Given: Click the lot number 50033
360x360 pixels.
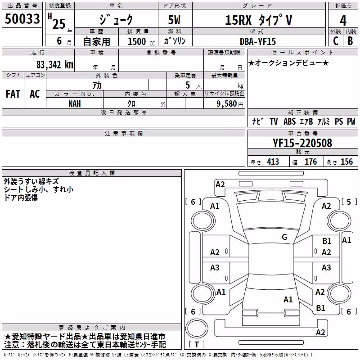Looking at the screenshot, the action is pos(22,18).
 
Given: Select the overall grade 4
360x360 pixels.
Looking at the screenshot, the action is pos(343,21).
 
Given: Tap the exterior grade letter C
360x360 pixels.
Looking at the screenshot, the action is pos(336,41).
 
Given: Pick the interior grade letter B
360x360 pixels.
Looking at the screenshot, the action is pos(350,41).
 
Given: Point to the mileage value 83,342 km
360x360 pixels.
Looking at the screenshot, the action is pos(54,65).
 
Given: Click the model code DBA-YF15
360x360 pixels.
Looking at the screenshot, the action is pos(257,41).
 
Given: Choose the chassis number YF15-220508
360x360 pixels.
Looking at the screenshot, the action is pos(302,143).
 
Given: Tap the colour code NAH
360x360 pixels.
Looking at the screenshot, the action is pos(75,104).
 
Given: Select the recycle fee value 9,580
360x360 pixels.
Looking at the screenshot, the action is pos(226,104).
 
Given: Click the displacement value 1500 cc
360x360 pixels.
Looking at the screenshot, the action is pos(141,41).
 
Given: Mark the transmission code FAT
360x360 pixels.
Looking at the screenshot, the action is pos(13,94).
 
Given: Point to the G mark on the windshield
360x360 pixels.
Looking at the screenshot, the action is pos(284,237).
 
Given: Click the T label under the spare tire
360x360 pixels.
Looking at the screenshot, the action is pos(197,344).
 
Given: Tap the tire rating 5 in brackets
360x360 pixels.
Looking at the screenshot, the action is pos(349,202).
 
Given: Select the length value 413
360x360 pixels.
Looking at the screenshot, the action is pos(273,162).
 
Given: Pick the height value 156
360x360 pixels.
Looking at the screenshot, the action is pos(346,162).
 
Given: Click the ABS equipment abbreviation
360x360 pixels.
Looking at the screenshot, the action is pos(289,121).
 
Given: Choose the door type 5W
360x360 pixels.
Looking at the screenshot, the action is pos(174,20).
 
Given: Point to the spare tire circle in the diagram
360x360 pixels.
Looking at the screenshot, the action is pos(197,328).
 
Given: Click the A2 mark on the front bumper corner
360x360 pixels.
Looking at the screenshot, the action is pos(220,184).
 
